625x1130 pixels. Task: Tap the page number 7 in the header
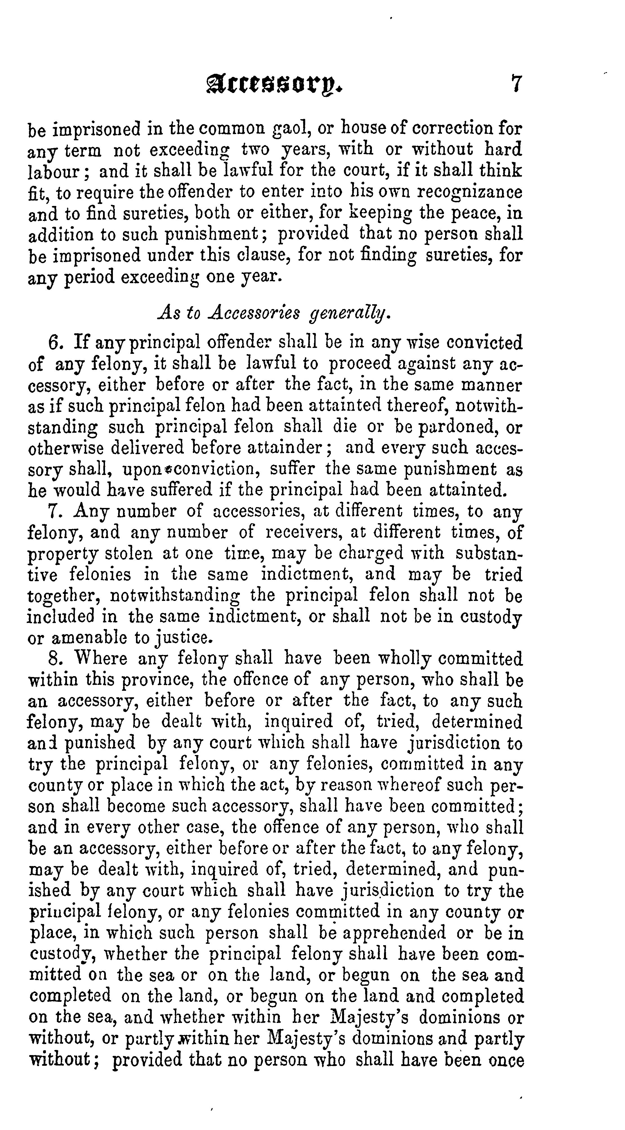(x=515, y=83)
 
